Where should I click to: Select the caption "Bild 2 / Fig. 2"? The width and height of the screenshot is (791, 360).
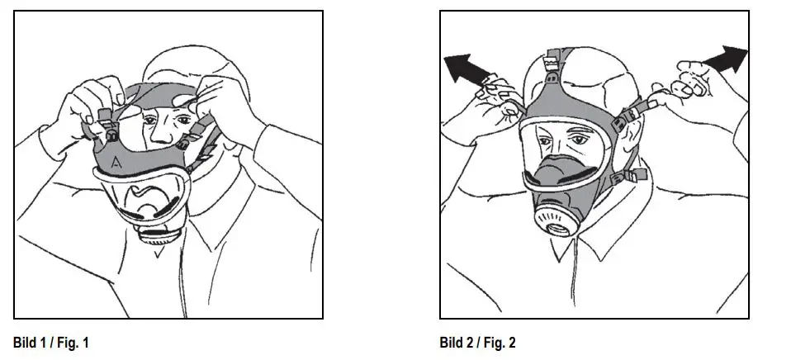478,342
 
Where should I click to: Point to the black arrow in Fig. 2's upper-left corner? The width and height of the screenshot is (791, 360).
467,68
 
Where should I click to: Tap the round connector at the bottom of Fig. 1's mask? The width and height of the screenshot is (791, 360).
157,234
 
